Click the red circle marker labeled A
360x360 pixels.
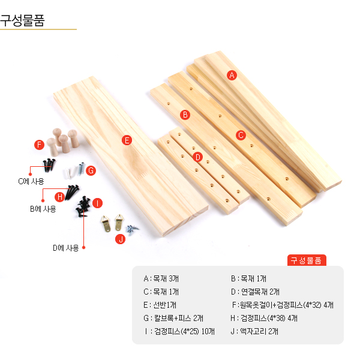[232, 75]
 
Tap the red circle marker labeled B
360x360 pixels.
[185, 115]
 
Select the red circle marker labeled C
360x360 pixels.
[241, 135]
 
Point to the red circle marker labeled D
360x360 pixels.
[197, 157]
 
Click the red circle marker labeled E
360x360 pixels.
[127, 140]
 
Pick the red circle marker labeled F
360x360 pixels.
[39, 145]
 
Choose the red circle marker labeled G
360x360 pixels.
[91, 170]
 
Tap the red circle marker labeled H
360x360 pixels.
[59, 197]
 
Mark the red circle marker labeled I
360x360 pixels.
[97, 203]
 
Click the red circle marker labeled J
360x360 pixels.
[121, 239]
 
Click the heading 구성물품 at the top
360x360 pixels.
[22, 20]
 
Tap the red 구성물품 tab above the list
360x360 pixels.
[307, 260]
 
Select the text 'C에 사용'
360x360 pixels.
[31, 181]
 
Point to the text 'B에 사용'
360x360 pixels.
[43, 209]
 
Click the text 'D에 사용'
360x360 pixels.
[66, 248]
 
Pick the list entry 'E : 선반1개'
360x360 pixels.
[160, 305]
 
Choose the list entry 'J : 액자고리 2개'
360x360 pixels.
[254, 331]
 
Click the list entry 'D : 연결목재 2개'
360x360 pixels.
[256, 292]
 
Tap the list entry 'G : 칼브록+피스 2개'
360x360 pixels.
[173, 318]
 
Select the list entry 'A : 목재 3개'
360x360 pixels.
[161, 278]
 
